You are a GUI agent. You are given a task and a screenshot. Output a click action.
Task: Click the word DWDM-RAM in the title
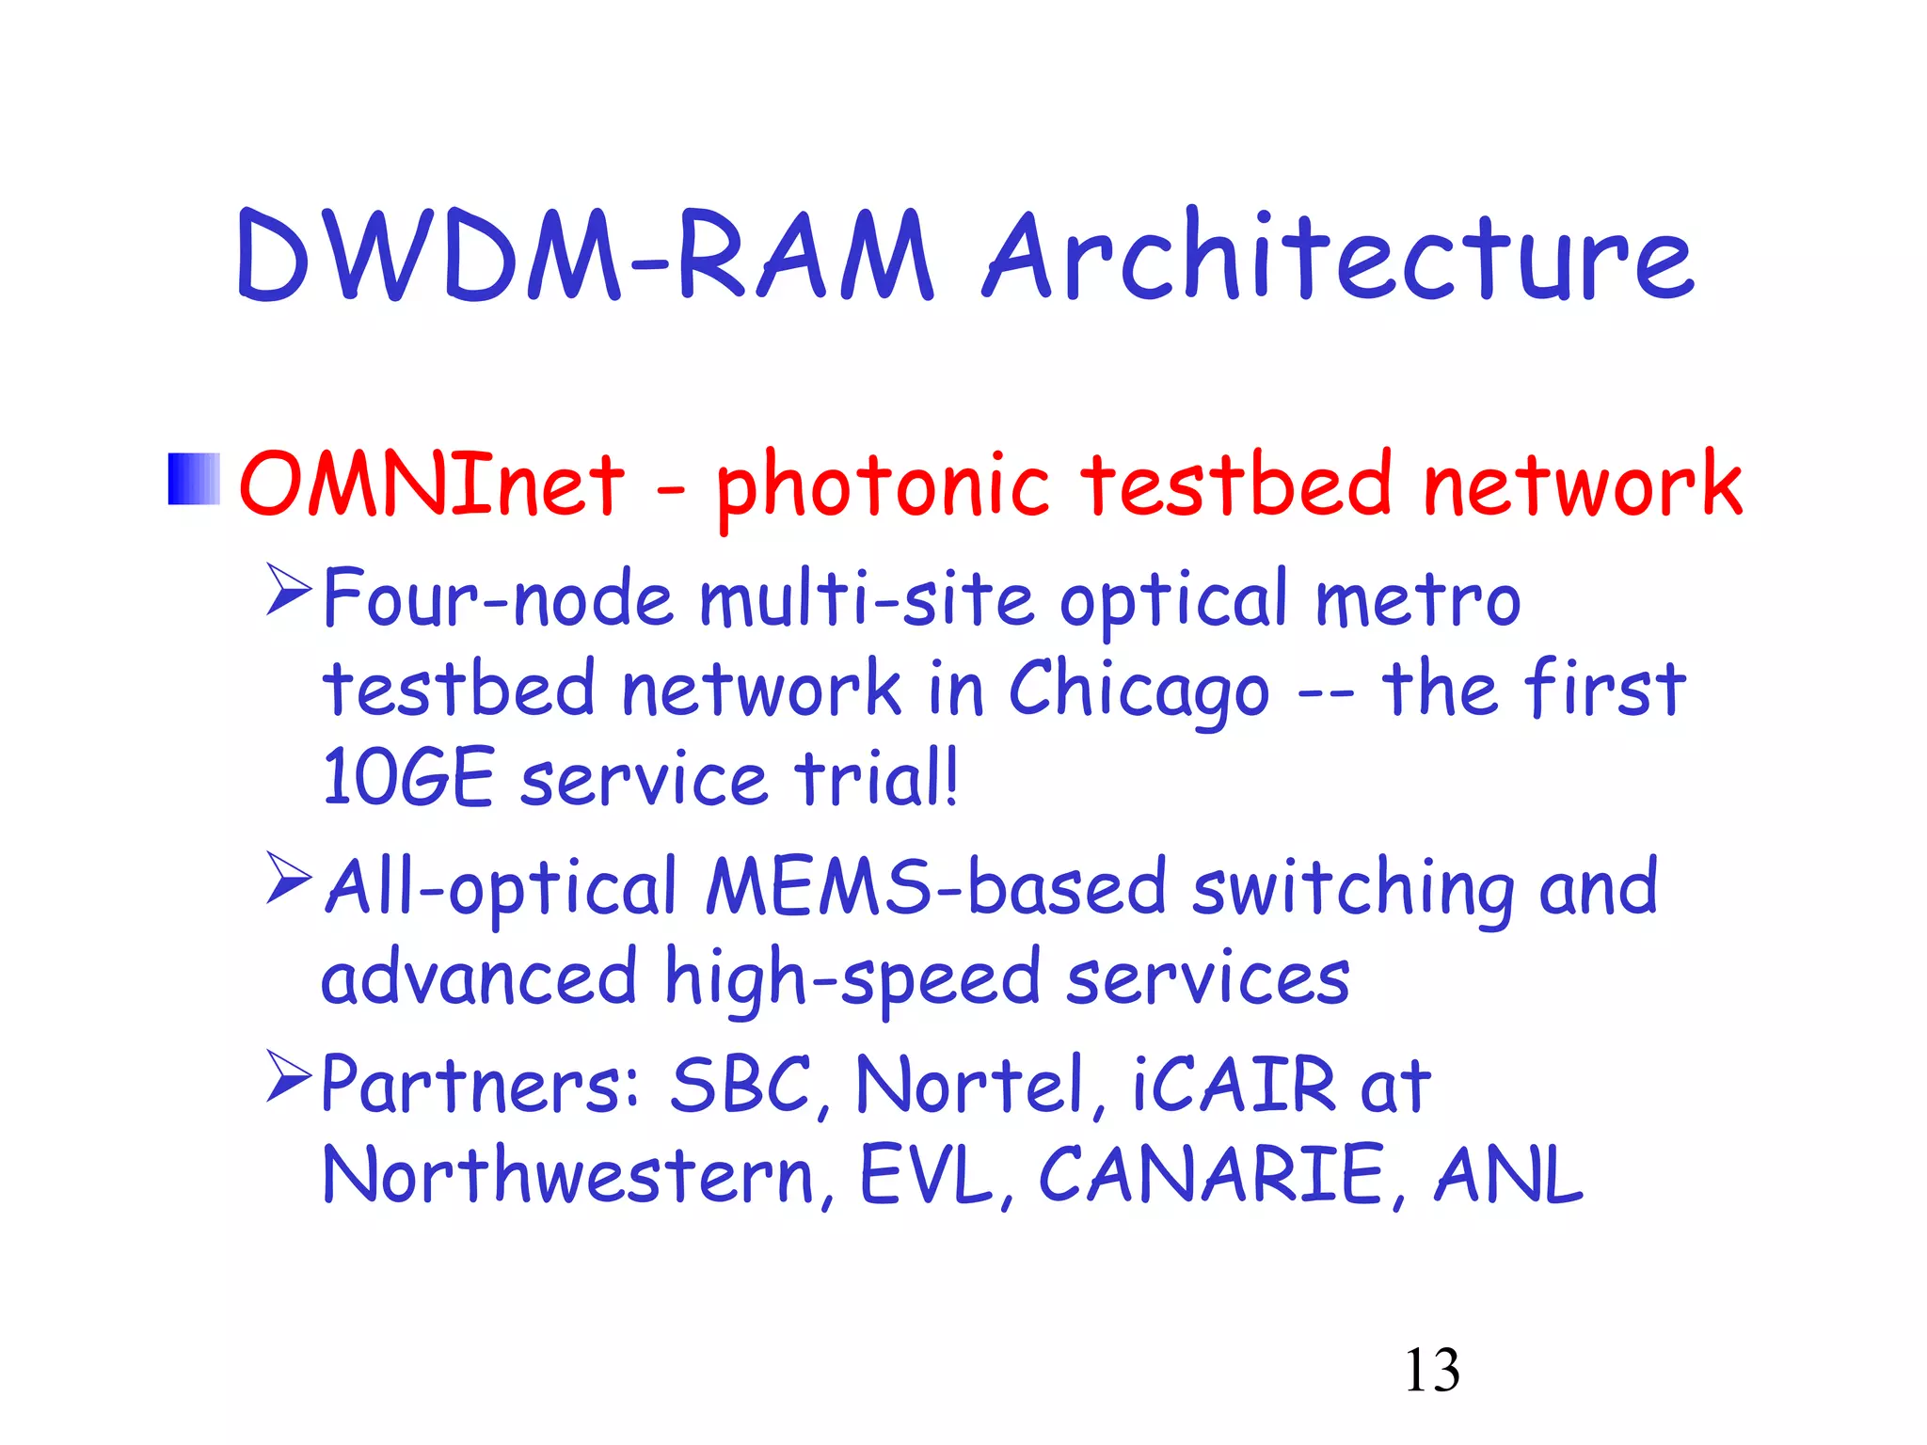[x=583, y=256]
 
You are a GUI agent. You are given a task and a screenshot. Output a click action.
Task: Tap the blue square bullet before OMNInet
[x=194, y=479]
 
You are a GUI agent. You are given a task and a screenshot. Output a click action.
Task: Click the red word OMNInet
[x=432, y=484]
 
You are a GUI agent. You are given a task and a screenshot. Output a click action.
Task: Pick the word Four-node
[x=499, y=599]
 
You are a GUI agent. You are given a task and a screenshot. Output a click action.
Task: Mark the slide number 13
[x=1431, y=1370]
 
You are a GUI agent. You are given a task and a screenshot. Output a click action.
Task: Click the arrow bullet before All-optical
[x=289, y=877]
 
